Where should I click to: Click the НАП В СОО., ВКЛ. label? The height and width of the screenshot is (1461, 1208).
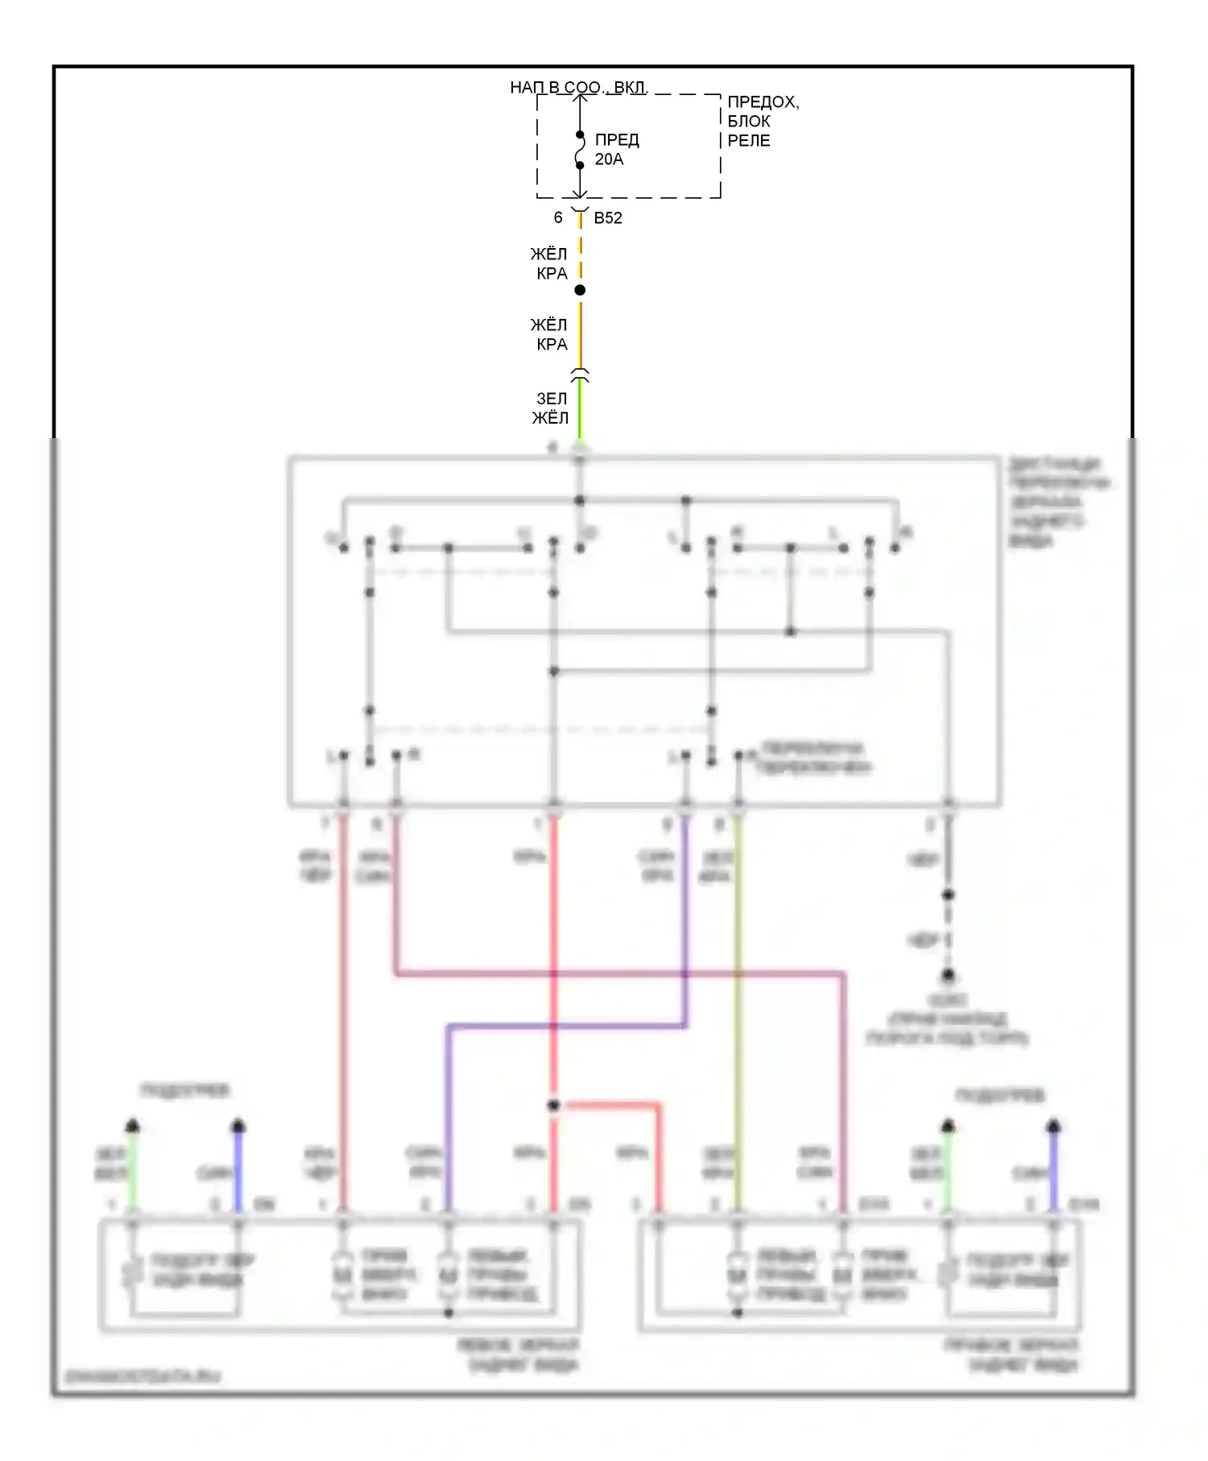pos(578,87)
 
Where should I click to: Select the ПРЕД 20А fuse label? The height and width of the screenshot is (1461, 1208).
pos(617,150)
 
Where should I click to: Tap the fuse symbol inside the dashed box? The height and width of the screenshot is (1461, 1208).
pos(580,151)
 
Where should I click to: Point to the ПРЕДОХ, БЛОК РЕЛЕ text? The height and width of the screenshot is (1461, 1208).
pos(762,122)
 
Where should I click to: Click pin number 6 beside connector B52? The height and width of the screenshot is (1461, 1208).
pos(558,218)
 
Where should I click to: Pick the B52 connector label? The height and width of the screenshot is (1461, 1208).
pos(608,218)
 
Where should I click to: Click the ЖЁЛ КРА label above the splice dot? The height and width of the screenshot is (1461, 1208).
pos(549,264)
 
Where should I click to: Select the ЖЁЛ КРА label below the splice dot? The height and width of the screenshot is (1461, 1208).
pos(549,334)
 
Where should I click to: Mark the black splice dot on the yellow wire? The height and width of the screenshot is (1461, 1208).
pos(580,290)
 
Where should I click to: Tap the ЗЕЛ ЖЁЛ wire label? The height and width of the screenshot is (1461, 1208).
pos(551,408)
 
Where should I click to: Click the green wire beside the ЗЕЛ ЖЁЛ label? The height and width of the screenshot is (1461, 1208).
pos(580,411)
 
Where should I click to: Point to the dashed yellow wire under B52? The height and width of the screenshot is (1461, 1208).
pos(580,250)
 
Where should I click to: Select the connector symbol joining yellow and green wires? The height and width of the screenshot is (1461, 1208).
pos(580,375)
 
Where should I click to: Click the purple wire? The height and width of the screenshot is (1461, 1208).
pos(685,926)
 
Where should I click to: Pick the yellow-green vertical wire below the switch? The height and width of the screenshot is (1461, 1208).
pos(738,1007)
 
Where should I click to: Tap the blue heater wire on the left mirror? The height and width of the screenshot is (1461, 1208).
pos(238,1168)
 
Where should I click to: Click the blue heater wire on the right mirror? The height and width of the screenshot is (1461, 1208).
pos(1053,1168)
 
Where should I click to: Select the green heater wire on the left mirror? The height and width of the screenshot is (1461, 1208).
pos(133,1168)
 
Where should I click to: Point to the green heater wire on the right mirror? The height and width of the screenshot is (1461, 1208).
pos(948,1168)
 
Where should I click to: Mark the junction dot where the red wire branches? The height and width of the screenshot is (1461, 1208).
pos(553,1106)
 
